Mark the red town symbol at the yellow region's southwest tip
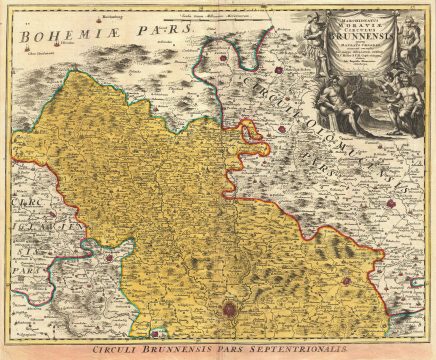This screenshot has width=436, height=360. (x=160, y=329)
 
